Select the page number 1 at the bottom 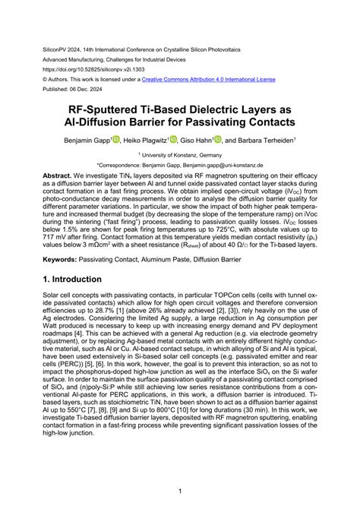[180, 492]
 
